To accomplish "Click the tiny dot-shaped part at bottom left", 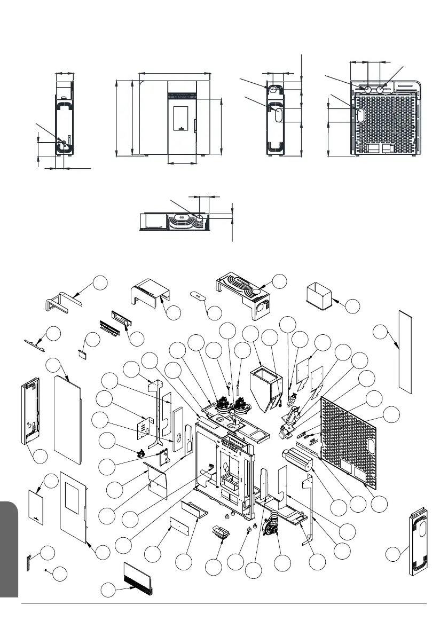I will coord(46,571).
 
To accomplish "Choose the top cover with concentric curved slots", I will coord(243,293).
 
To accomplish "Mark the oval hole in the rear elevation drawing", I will coord(359,115).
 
